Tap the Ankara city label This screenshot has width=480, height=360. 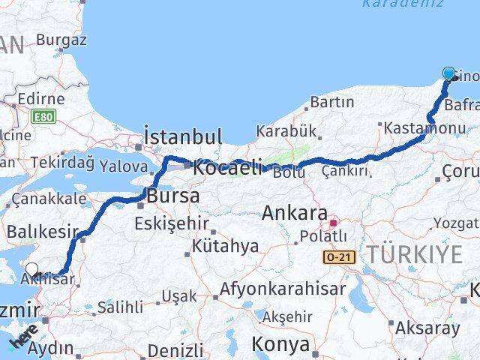pos(295,213)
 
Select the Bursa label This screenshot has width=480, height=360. pos(174,196)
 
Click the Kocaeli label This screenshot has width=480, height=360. pos(226,168)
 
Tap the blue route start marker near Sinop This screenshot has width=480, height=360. pos(448,73)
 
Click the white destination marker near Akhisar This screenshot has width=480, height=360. pos(32,270)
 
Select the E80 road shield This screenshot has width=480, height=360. pos(43,116)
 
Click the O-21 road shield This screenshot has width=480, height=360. pos(338,257)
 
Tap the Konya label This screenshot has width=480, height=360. pos(281,344)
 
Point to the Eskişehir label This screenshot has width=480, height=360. pos(172,223)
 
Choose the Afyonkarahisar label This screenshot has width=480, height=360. pos(283,289)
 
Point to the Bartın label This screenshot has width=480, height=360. pos(331,102)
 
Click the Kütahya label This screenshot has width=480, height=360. pos(225,246)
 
